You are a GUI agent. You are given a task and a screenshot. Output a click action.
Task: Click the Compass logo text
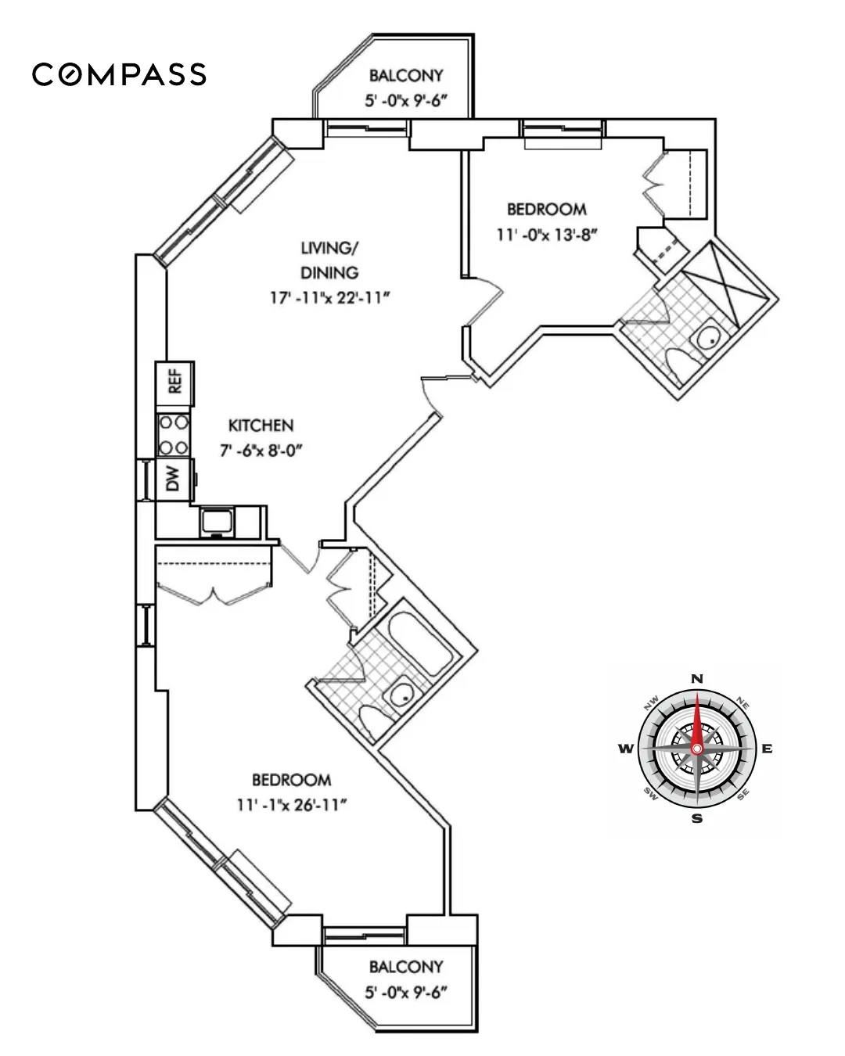coord(119,74)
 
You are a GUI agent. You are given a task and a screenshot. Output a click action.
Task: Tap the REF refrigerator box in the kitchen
coord(175,383)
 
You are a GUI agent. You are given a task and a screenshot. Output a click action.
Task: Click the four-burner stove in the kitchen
coord(174,435)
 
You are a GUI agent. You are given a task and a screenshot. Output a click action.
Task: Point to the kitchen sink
coord(215,521)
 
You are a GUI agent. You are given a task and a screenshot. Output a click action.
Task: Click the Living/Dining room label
coord(329,260)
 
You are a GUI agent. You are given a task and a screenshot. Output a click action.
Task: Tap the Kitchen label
coord(261,426)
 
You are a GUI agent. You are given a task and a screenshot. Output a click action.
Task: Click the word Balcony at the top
coord(406,76)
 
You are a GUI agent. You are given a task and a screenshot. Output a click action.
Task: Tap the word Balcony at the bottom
coord(406,967)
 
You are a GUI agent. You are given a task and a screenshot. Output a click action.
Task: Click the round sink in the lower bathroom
coord(401,694)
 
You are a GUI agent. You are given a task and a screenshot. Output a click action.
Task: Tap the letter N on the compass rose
coord(697,678)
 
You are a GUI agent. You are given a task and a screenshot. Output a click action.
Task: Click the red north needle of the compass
coord(697,720)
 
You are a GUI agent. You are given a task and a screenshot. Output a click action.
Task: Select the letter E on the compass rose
coord(767,749)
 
